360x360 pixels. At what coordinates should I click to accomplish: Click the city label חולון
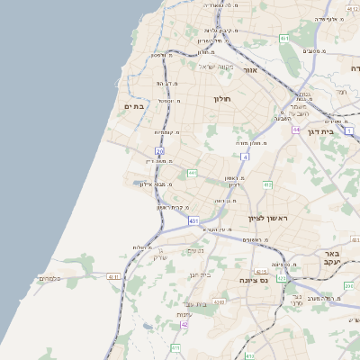(x=223, y=98)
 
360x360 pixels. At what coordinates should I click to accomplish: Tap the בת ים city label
(x=135, y=106)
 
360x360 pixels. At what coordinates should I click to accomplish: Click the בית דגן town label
(x=338, y=130)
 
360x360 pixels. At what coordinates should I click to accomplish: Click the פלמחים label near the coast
(x=49, y=279)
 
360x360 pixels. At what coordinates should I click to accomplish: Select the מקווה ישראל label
(x=215, y=67)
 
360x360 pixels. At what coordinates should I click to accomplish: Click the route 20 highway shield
(x=159, y=152)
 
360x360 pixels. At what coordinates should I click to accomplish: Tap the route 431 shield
(x=193, y=220)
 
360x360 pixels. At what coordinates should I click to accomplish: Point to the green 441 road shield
(x=193, y=173)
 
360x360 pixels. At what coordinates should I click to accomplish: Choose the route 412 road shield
(x=266, y=184)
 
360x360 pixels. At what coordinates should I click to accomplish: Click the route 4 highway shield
(x=244, y=157)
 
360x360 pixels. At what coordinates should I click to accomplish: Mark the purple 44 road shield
(x=295, y=130)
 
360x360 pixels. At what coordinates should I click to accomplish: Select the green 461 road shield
(x=284, y=39)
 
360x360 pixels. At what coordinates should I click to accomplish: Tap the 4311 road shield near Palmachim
(x=112, y=276)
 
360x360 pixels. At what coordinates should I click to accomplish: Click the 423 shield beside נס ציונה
(x=281, y=278)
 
